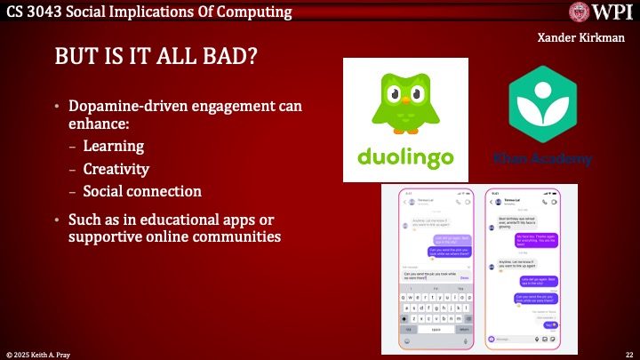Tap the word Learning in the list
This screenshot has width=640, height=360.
click(113, 145)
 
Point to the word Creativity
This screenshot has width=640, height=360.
click(116, 168)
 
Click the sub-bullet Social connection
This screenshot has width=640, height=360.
click(142, 190)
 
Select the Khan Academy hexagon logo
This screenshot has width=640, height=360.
click(542, 105)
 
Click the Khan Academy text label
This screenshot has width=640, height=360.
click(542, 158)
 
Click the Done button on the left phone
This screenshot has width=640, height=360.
click(464, 278)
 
